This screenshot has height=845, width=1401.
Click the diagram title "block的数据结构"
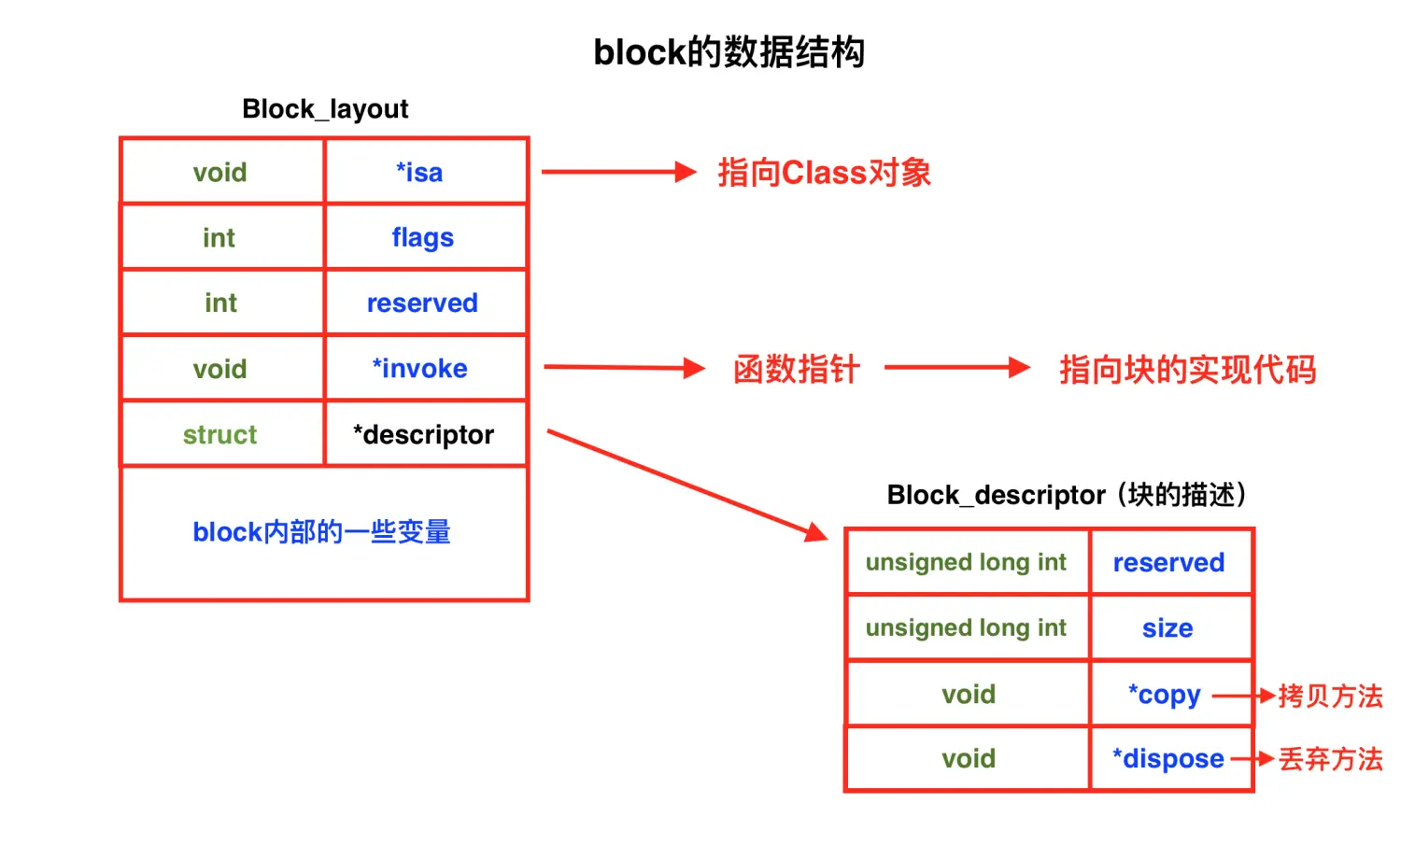(x=729, y=52)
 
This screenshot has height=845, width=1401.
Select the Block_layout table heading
(x=325, y=109)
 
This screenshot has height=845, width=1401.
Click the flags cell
(x=422, y=238)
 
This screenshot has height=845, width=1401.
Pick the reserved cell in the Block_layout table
(x=422, y=303)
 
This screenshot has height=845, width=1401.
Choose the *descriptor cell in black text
(x=423, y=435)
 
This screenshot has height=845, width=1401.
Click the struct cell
(x=219, y=435)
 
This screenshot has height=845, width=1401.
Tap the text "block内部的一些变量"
(x=321, y=532)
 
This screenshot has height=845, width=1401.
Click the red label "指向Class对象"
(x=824, y=173)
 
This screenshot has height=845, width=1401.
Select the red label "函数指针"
(x=796, y=370)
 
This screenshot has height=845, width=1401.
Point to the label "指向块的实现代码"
(x=1187, y=370)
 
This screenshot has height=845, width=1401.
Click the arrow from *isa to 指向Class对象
(x=618, y=172)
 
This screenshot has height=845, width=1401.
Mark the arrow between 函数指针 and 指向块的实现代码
(x=956, y=368)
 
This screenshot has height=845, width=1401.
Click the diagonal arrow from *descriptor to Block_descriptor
(x=686, y=485)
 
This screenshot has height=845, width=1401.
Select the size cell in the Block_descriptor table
(x=1167, y=628)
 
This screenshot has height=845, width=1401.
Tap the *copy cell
(x=1164, y=695)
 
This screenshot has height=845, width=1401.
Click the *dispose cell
(x=1167, y=759)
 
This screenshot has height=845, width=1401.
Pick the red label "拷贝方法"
(x=1330, y=696)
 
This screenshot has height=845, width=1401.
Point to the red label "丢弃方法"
(x=1330, y=759)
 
